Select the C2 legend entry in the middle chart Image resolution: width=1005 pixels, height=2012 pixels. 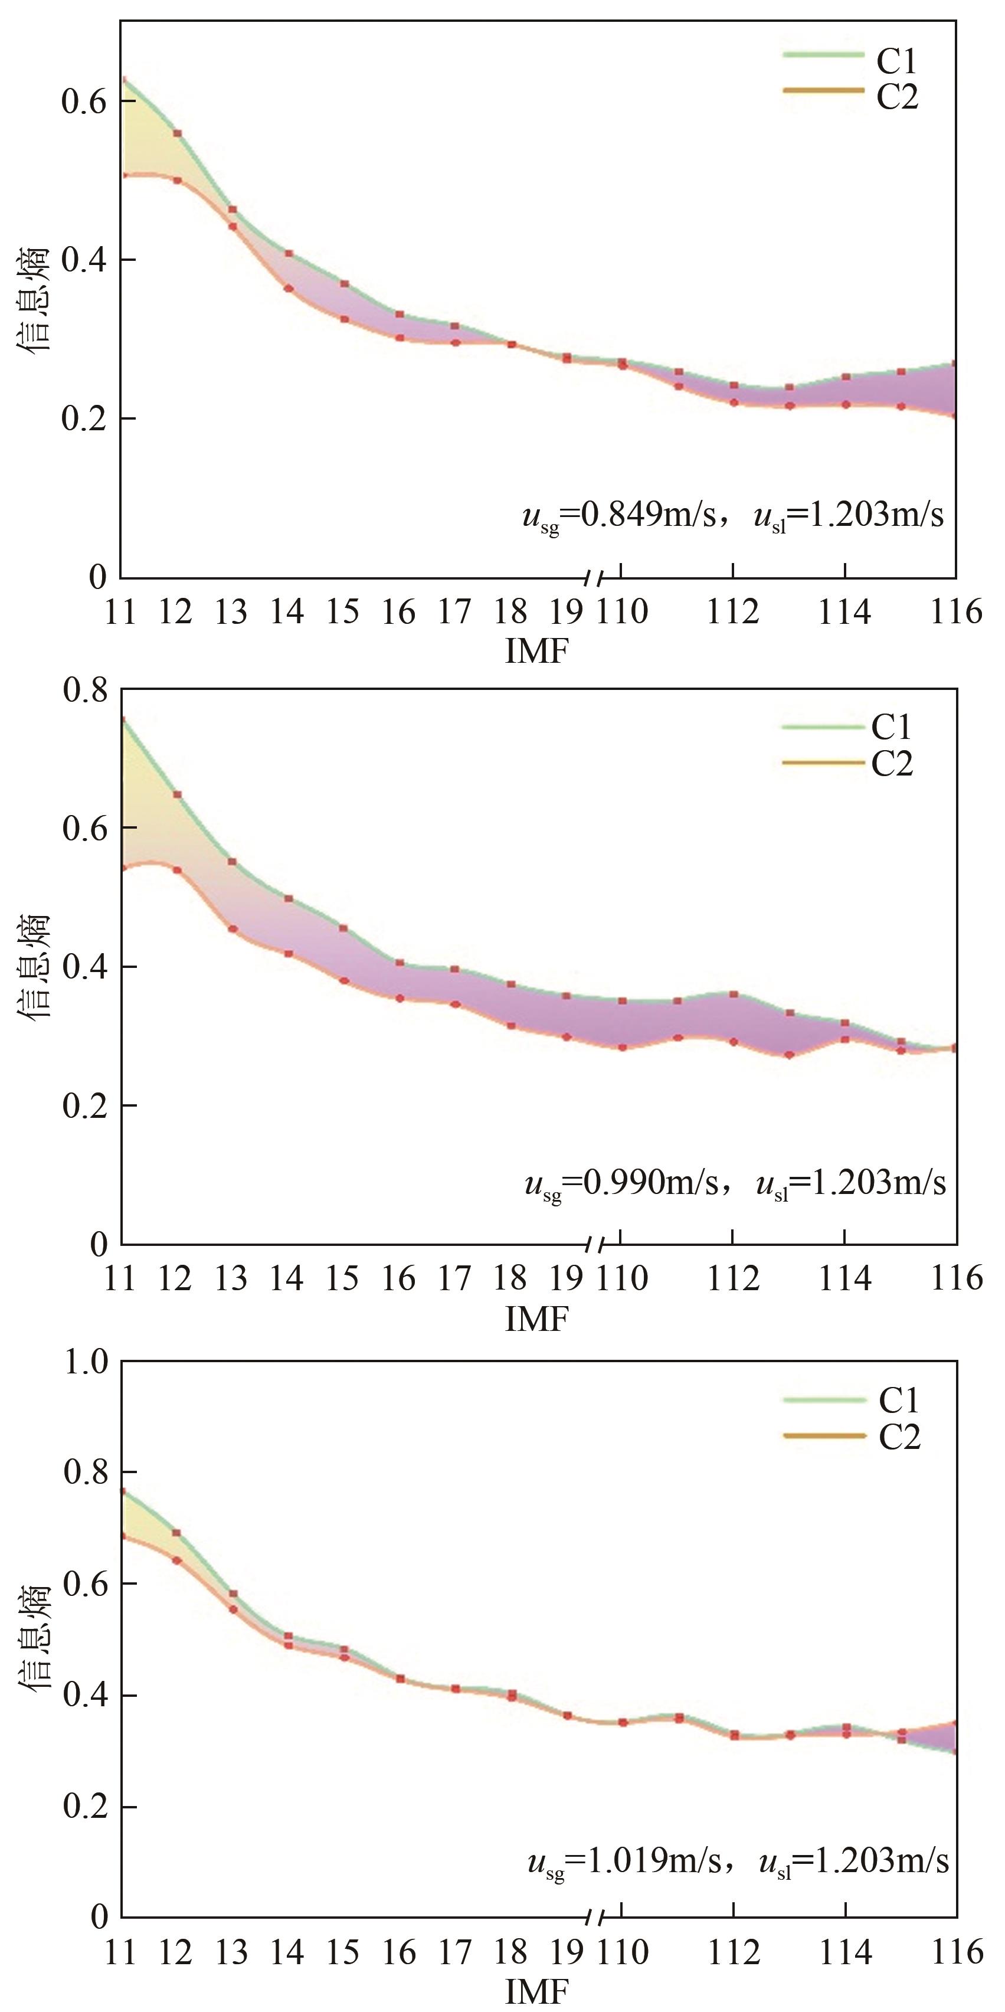click(x=892, y=763)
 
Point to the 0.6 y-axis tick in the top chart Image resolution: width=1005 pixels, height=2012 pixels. click(x=84, y=102)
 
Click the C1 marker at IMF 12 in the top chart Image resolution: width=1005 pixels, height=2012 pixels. click(x=177, y=133)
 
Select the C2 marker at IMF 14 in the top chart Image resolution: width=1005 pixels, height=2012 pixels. click(x=288, y=288)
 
